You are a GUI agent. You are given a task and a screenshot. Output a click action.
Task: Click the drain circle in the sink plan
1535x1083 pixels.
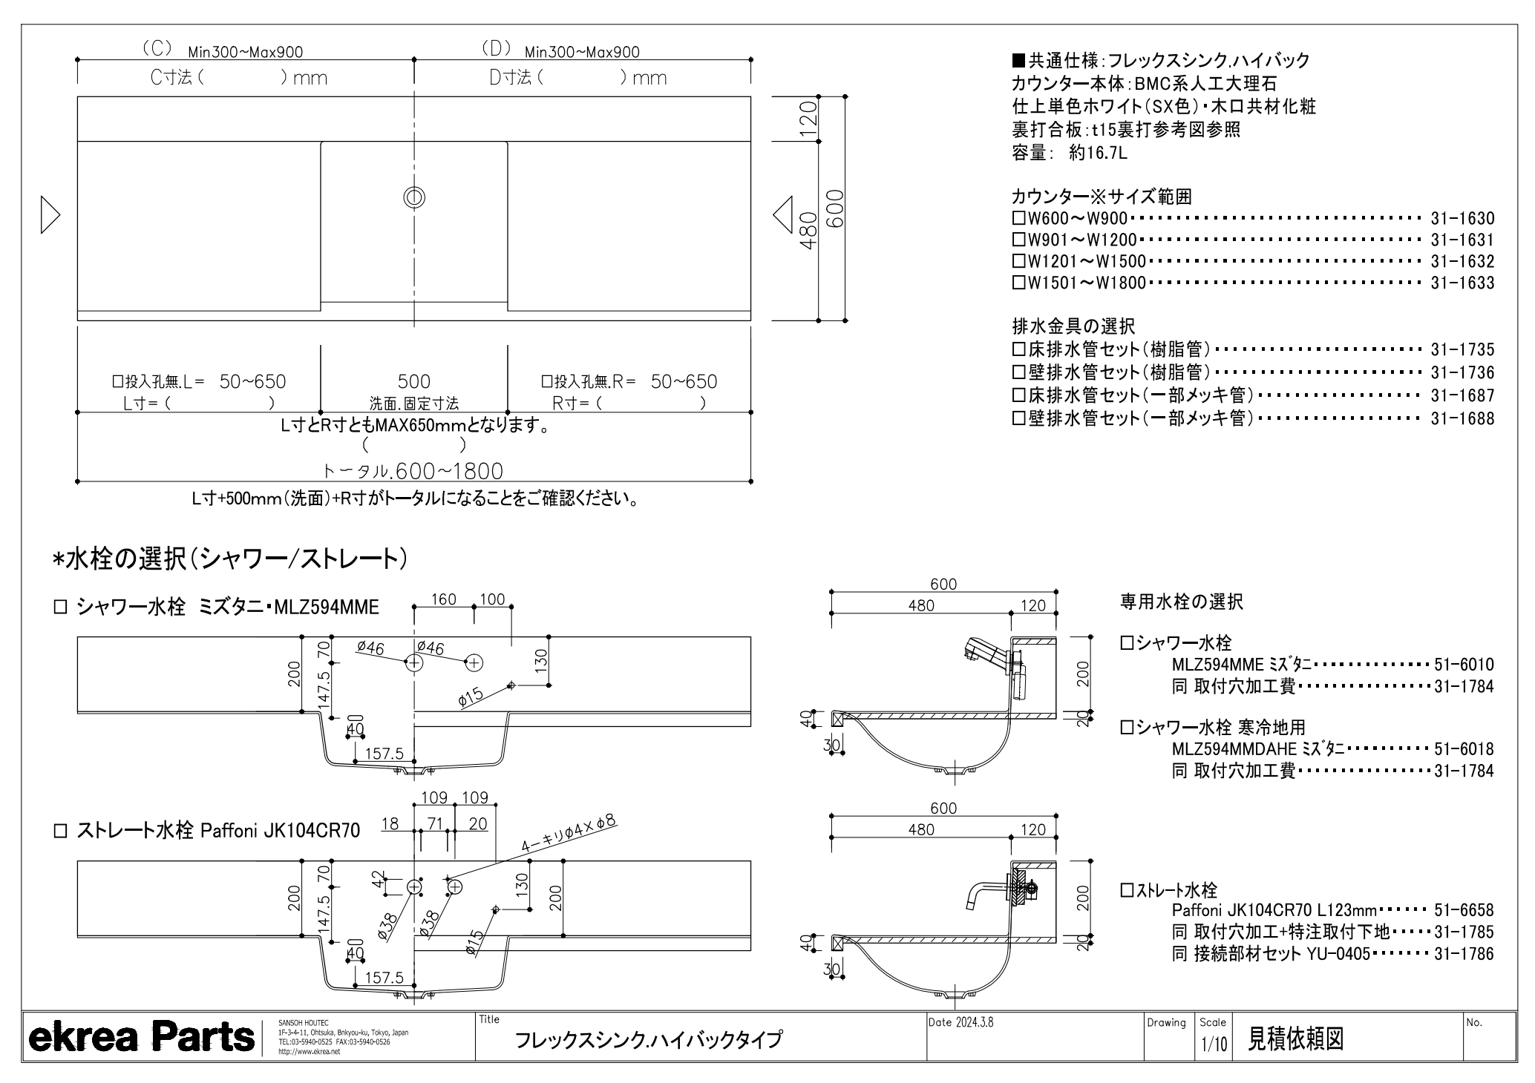[414, 197]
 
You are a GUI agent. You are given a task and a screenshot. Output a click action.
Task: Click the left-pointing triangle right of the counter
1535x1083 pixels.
[783, 215]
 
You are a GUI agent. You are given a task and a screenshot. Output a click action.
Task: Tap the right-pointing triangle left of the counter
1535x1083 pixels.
[50, 215]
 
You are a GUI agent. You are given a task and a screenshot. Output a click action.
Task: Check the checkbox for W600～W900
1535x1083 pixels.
[1018, 219]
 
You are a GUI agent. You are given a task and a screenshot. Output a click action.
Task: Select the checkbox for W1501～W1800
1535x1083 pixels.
[1018, 283]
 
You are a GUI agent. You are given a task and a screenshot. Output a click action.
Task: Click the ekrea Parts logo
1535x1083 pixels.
[141, 1037]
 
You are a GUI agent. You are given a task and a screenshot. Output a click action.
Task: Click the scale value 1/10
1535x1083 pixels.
[1214, 1045]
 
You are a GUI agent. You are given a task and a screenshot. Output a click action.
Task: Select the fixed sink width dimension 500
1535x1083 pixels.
[413, 381]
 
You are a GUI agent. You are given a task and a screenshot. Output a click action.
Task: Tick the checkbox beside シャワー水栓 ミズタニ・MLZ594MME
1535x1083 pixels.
[60, 608]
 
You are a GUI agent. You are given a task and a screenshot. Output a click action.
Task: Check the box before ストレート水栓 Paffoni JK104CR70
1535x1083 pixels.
[60, 831]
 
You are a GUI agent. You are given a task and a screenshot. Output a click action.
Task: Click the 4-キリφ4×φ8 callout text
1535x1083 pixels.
[569, 834]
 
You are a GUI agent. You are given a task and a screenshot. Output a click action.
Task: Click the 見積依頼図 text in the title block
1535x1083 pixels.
[1295, 1039]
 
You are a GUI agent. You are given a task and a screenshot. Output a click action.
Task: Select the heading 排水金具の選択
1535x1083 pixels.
[1073, 326]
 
